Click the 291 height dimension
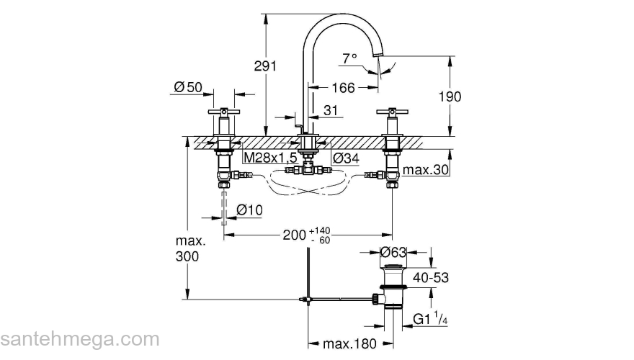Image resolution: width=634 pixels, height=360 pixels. tap(265, 66)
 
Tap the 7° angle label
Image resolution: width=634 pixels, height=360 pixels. tap(350, 58)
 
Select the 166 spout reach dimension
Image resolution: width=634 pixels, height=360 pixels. tap(342, 88)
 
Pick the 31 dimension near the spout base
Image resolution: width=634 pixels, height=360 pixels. tap(331, 110)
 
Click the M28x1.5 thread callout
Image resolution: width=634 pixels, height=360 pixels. tap(270, 157)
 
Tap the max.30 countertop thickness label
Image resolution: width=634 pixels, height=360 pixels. tap(427, 170)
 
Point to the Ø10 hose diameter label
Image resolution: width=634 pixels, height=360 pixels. tap(250, 210)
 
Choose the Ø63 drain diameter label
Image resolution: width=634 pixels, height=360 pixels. tap(395, 253)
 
